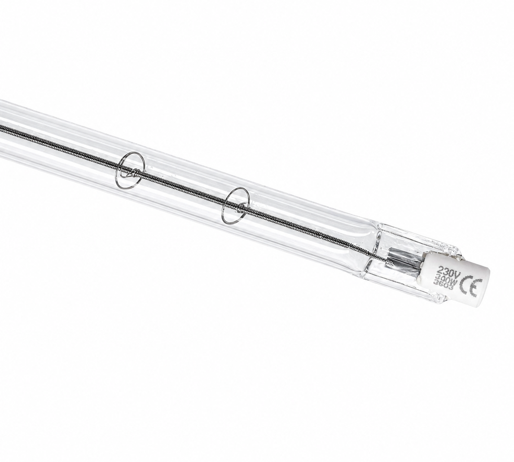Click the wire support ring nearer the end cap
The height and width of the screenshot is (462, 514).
click(x=235, y=205)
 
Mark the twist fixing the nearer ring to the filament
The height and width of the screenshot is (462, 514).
click(x=242, y=207)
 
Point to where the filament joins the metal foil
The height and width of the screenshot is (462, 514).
click(x=386, y=259)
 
